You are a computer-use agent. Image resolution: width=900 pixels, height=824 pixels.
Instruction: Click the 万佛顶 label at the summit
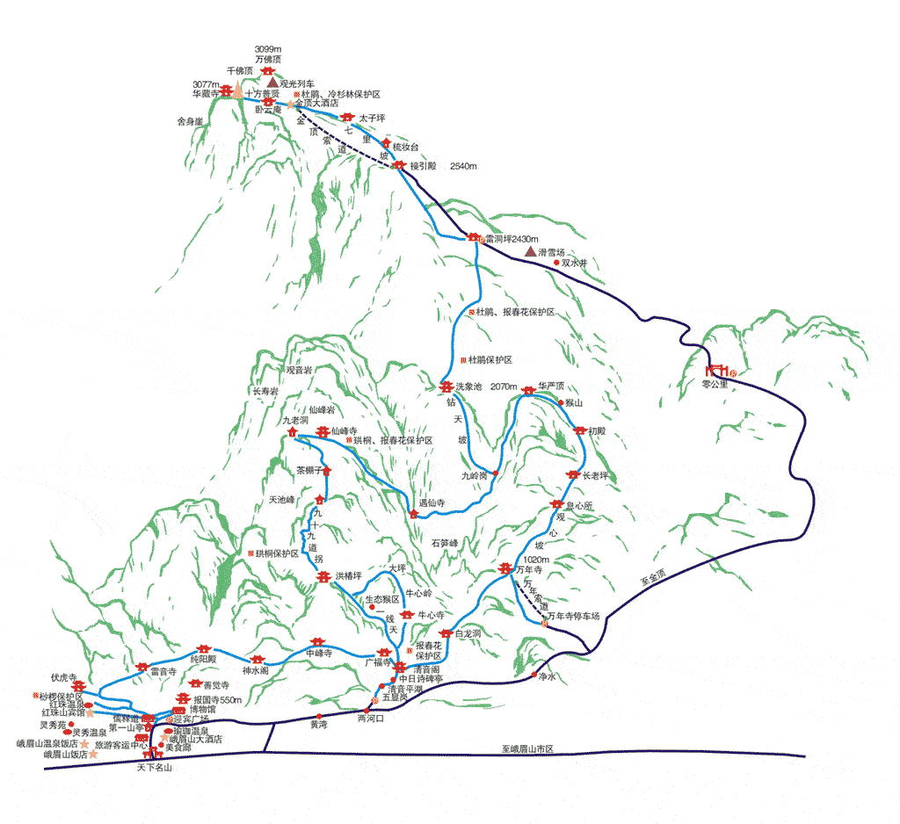coord(267,59)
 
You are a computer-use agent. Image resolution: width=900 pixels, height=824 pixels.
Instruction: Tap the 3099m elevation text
coord(267,48)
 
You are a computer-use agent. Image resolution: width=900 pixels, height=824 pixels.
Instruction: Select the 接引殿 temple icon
coord(400,165)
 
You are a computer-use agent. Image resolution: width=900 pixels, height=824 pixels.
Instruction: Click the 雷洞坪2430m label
coord(512,238)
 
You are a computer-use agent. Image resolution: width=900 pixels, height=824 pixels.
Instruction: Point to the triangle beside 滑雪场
coord(530,251)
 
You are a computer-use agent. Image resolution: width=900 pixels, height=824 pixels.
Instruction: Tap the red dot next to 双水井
coord(556,262)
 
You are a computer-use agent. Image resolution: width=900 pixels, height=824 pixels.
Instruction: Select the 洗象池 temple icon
coord(446,387)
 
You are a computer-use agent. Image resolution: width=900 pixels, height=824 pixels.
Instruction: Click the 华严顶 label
coord(551,386)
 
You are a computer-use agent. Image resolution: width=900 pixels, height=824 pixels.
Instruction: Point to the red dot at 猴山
coord(562,402)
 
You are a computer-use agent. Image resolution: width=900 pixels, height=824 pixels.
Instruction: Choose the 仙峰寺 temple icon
coord(323,431)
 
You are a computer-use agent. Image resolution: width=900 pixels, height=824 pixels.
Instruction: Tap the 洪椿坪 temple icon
coord(323,576)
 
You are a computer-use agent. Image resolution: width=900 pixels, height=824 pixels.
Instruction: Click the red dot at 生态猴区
coord(373,607)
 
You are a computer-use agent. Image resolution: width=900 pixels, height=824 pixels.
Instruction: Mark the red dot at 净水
coord(534,675)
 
